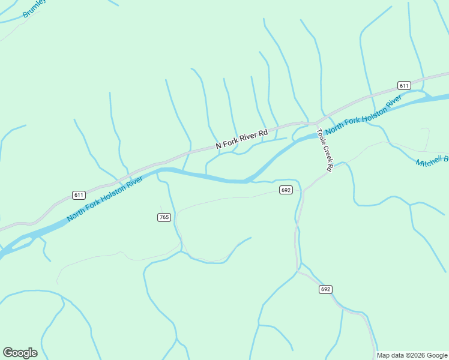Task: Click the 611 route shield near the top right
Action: (x=404, y=86)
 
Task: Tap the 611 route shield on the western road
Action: (x=79, y=195)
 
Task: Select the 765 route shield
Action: (x=164, y=217)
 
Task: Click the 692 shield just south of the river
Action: (x=286, y=190)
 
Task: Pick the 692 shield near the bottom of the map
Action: (x=325, y=289)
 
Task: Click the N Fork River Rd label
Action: (x=242, y=139)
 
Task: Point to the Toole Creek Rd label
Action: (x=324, y=150)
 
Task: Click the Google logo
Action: (x=20, y=353)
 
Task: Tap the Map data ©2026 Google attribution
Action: (x=412, y=355)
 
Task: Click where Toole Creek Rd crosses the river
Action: (x=318, y=133)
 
